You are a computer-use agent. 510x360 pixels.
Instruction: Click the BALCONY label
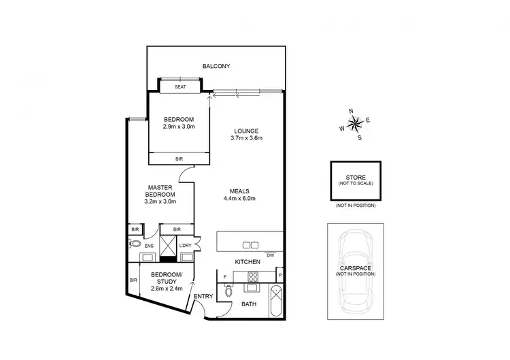click(216, 66)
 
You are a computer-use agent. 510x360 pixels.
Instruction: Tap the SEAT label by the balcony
click(180, 87)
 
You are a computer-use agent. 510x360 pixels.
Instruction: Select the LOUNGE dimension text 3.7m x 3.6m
click(246, 138)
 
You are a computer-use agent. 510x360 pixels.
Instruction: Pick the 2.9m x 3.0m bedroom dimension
click(179, 127)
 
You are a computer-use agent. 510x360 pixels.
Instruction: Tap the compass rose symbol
click(356, 123)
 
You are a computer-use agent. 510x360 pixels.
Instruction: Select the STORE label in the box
click(356, 178)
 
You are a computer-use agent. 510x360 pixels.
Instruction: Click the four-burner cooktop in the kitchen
click(253, 276)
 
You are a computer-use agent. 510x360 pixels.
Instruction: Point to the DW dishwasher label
click(270, 255)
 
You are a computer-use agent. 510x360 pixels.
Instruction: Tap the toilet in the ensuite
click(135, 243)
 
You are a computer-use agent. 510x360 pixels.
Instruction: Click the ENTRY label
click(203, 296)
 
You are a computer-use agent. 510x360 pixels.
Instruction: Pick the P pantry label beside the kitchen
click(279, 276)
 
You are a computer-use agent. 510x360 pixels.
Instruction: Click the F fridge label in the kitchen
click(225, 276)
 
